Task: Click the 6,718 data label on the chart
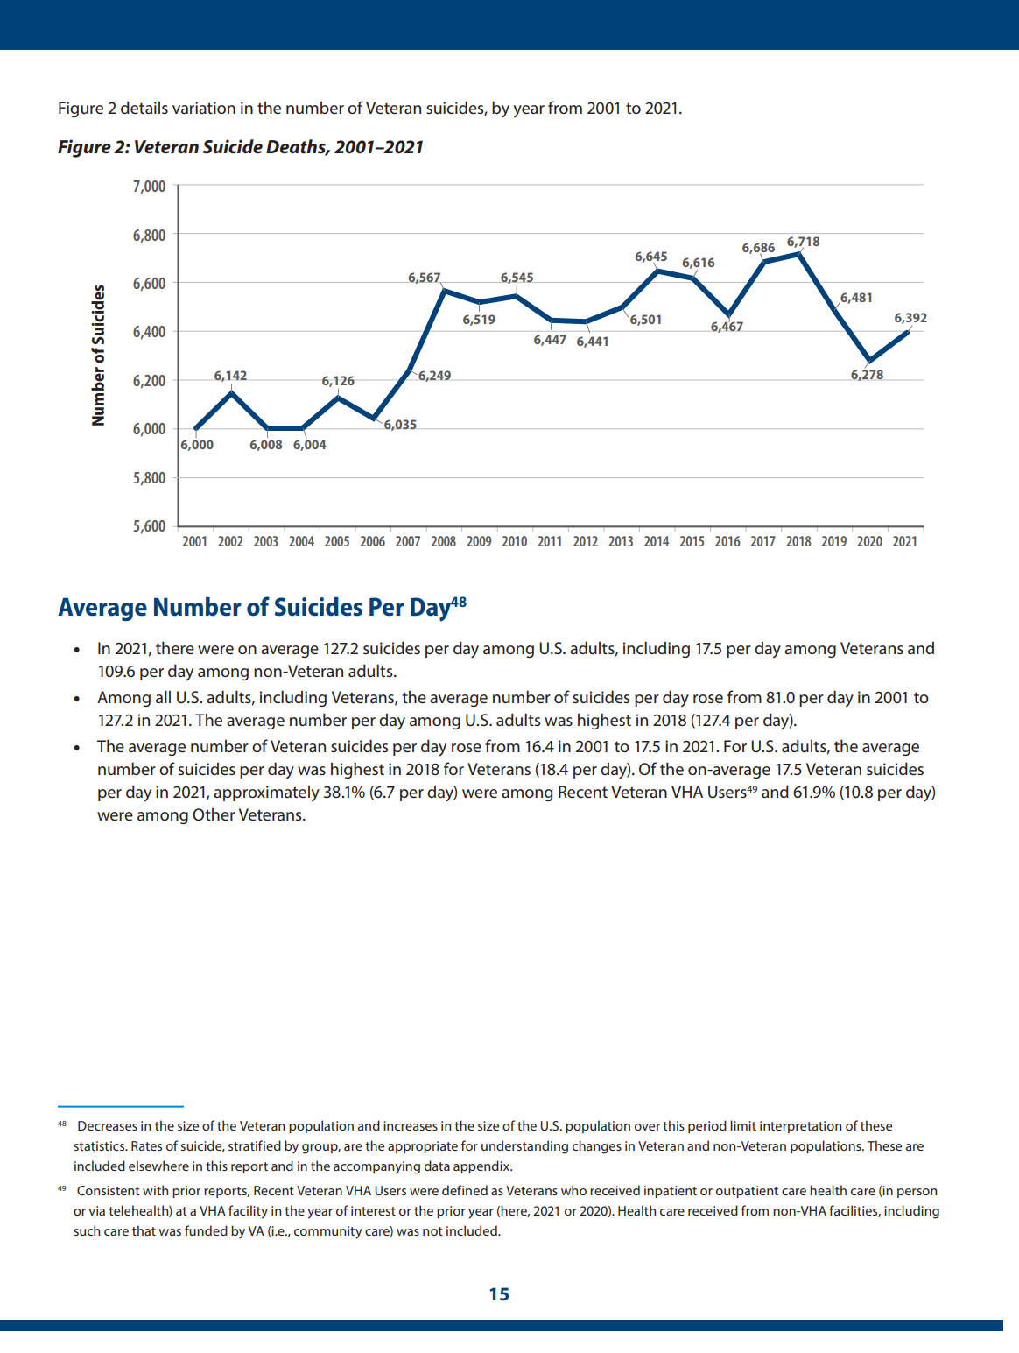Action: point(803,242)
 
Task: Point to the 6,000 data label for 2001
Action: point(197,445)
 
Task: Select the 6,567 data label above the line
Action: point(425,278)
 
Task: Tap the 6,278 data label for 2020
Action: point(867,375)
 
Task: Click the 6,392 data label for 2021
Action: point(910,318)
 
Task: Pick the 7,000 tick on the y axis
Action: point(149,187)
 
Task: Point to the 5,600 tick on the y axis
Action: point(149,526)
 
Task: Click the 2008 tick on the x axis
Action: point(443,542)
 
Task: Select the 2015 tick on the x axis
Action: point(692,542)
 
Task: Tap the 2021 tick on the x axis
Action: point(904,542)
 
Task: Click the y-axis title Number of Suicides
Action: point(99,356)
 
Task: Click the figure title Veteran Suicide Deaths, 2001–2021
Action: point(241,147)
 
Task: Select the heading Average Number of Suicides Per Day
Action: point(254,608)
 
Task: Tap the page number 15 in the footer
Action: point(499,1294)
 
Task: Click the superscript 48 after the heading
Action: point(459,603)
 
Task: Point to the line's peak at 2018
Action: point(799,254)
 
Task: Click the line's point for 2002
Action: point(231,393)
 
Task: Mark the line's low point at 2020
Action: point(869,361)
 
